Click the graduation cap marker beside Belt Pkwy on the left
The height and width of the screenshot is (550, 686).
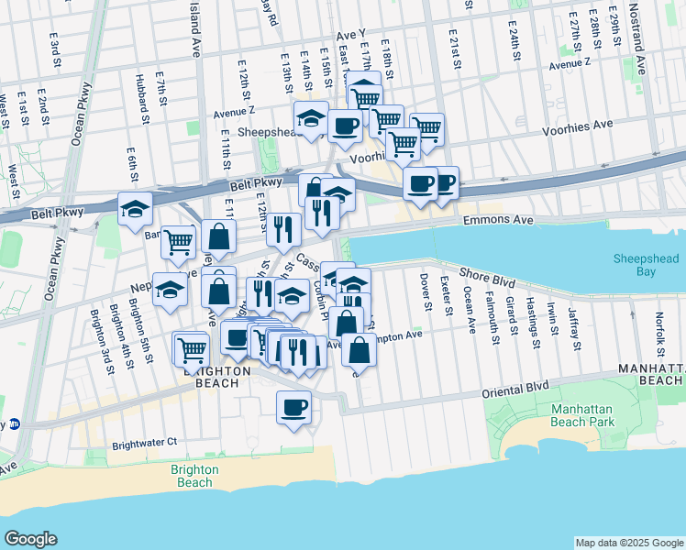pos(135,209)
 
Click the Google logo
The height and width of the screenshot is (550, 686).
pos(31,539)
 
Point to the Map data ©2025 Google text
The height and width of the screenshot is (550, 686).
pos(628,543)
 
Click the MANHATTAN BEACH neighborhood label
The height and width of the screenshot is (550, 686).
pos(649,374)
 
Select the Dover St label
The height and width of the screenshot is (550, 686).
pos(425,291)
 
